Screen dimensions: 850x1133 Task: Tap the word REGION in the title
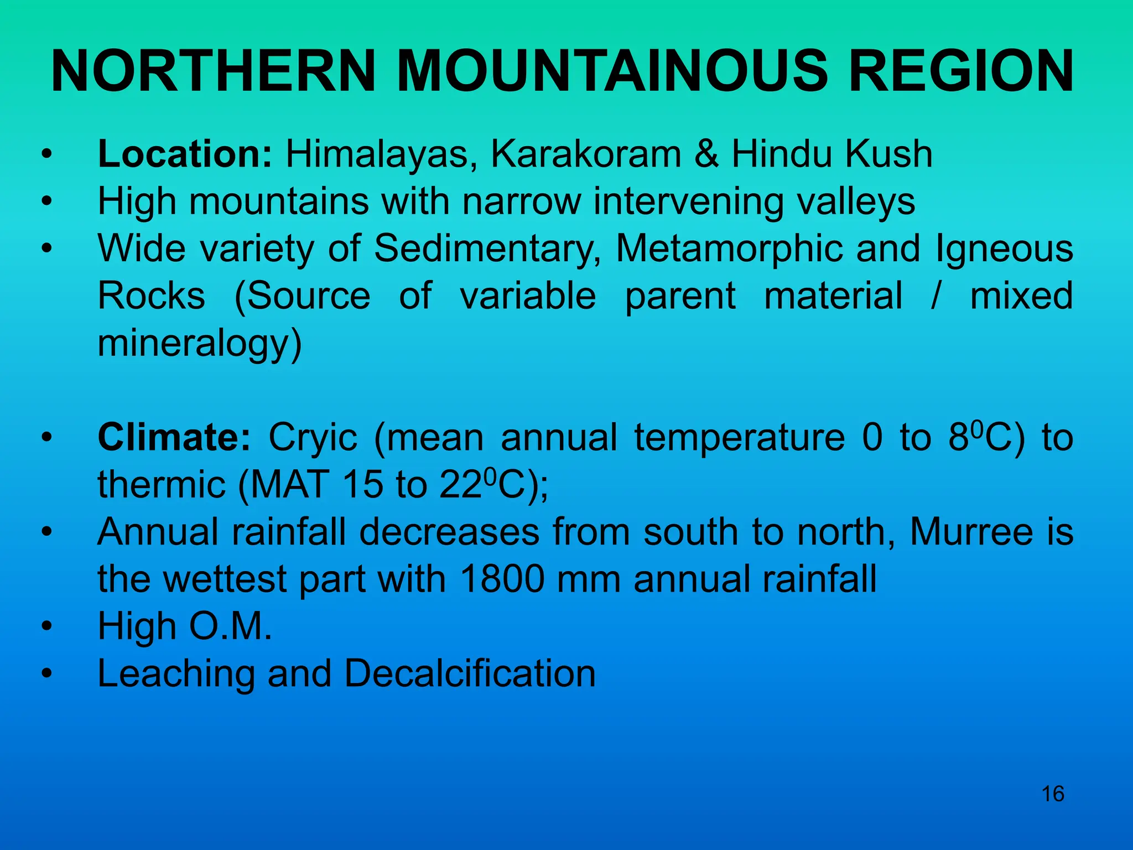[961, 72]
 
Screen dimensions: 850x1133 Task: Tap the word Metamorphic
[729, 248]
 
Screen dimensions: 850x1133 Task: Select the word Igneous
[1004, 248]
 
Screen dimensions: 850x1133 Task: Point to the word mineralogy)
[200, 343]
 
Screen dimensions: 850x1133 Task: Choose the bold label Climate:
[174, 437]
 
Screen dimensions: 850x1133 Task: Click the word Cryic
[313, 437]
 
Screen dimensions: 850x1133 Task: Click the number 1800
[501, 579]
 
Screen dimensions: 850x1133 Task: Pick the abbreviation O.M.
[231, 626]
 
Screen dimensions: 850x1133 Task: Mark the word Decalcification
[470, 674]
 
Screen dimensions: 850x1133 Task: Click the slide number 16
[1053, 794]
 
